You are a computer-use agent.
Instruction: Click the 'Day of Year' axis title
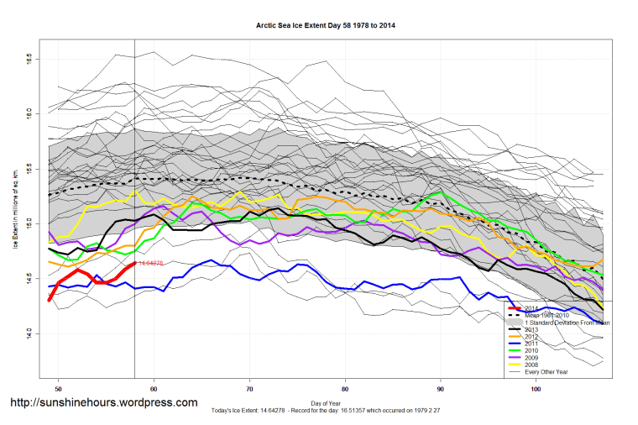[326, 402]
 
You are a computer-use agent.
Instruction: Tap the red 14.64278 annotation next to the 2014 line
[152, 264]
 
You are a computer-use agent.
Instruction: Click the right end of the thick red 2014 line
[134, 263]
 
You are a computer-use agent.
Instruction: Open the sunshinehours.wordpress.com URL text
[103, 403]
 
